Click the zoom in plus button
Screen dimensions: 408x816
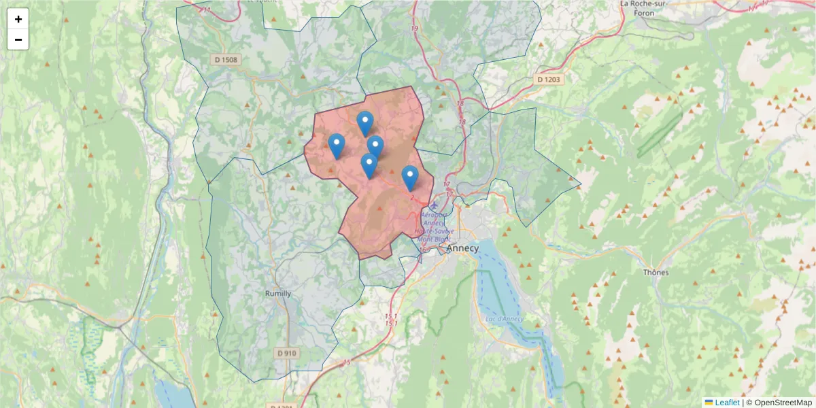coord(18,19)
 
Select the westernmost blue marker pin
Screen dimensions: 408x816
coord(336,146)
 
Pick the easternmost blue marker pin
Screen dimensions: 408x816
coord(409,177)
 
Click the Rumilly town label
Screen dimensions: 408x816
coord(277,294)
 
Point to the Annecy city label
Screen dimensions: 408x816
coord(462,248)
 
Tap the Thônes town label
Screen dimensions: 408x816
coord(656,272)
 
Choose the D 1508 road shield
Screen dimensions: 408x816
coord(226,60)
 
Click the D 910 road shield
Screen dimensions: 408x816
coord(287,353)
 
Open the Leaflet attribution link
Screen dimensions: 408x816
coord(726,403)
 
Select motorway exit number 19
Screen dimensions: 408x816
coord(415,29)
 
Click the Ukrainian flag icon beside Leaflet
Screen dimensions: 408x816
coord(709,403)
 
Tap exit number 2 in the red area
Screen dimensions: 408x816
coord(412,198)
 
